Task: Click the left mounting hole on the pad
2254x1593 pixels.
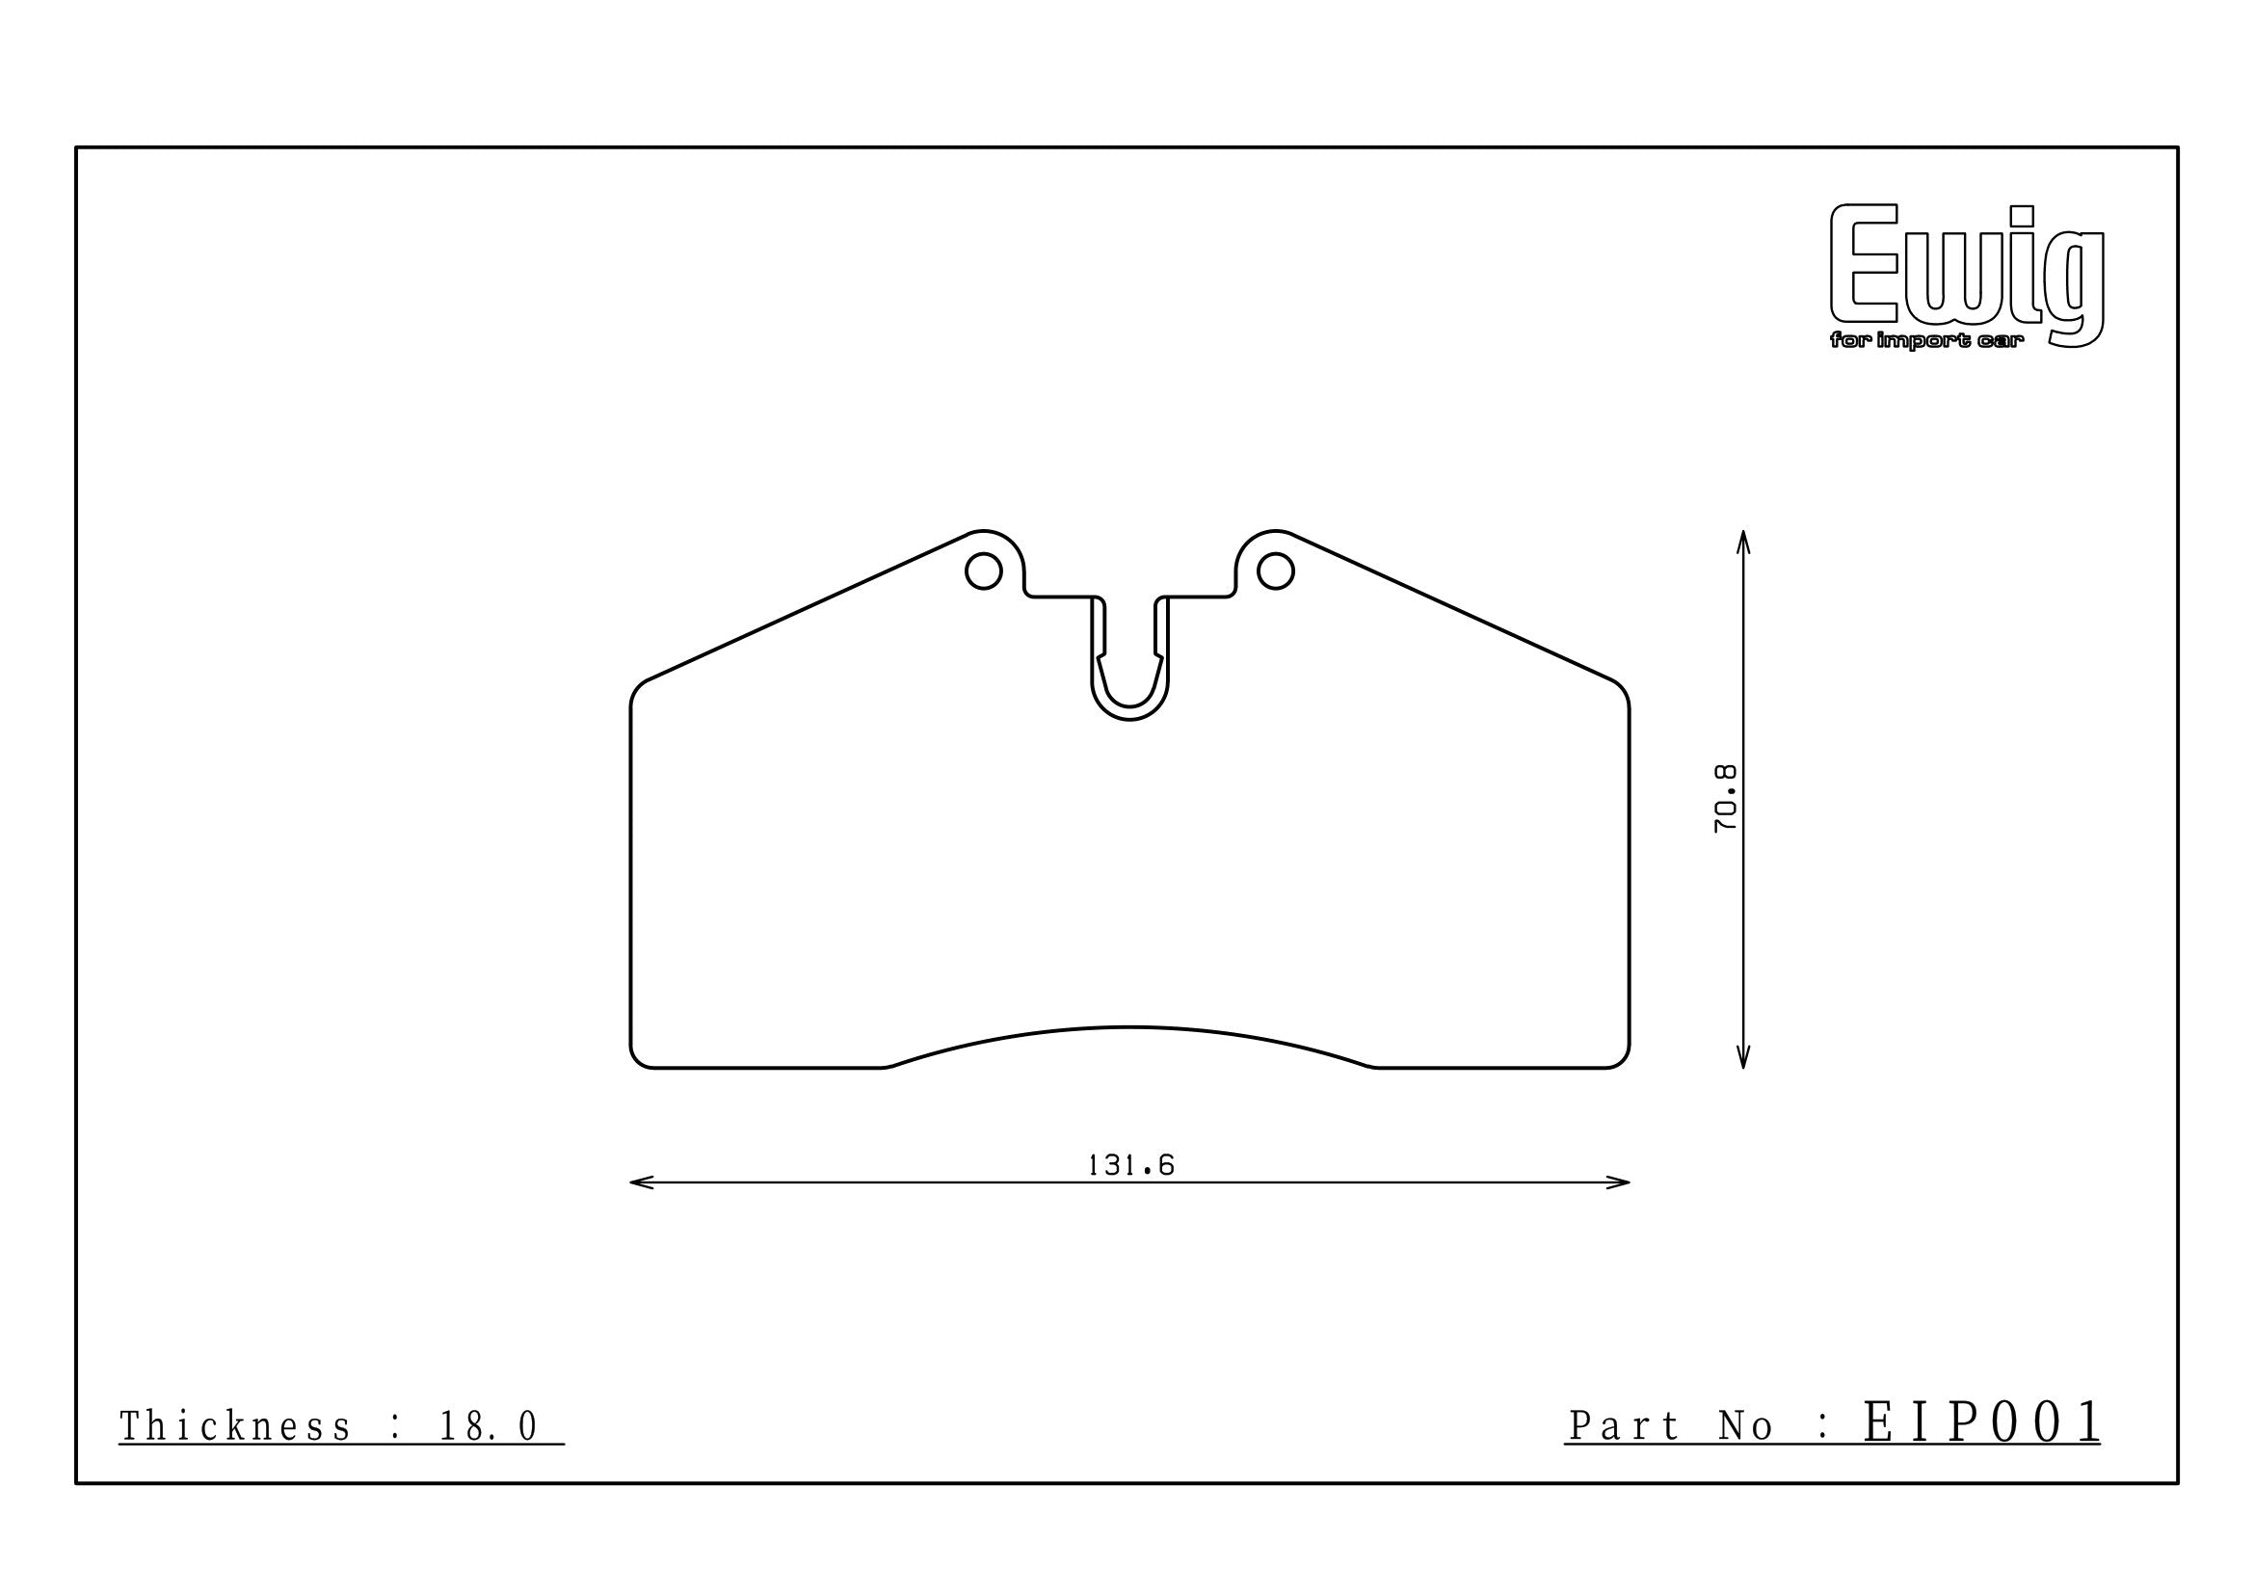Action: tap(983, 571)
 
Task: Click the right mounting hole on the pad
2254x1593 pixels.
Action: tap(1275, 571)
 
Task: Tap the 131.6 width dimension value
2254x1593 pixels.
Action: tap(1131, 1165)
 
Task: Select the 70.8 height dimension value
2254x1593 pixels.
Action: tap(1725, 799)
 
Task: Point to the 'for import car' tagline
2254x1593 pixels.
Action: tap(1912, 341)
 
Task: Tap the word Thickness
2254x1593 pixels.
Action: tap(234, 1427)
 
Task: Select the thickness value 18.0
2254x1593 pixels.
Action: tap(488, 1427)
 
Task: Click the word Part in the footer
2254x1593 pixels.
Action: tap(1624, 1426)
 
